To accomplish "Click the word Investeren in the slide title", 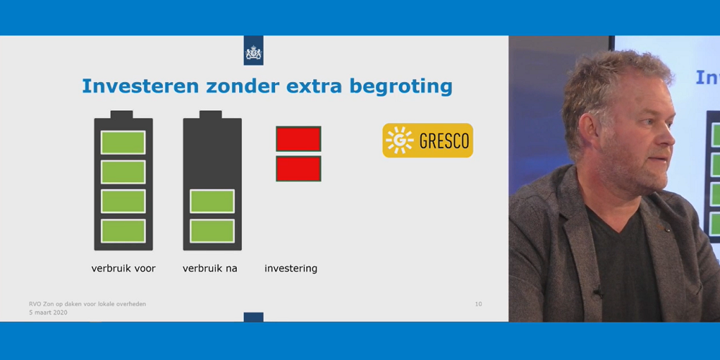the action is coord(140,86).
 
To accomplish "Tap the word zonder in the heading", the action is coord(243,86).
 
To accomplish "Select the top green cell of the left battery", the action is coord(123,143).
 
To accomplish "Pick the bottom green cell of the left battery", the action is coord(123,230).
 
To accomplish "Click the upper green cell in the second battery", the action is coord(212,201).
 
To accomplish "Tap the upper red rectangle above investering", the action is coord(299,139).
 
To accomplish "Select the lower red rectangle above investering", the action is coord(299,168).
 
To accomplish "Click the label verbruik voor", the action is coord(124,269).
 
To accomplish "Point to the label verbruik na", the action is coord(210,269).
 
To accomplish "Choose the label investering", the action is coord(291,269).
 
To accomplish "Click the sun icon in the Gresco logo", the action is coord(400,140).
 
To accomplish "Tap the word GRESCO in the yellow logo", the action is coord(444,141).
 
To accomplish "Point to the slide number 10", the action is coord(479,304).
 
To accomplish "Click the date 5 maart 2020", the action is coord(48,312).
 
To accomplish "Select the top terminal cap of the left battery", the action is coord(122,114).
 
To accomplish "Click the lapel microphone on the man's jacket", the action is coord(598,291).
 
